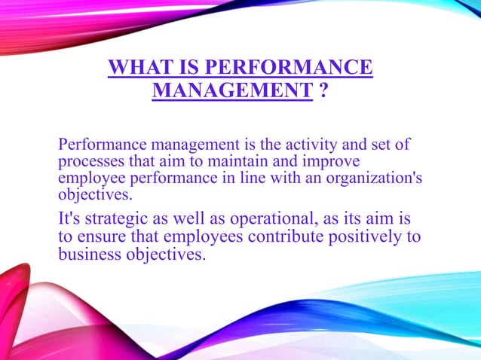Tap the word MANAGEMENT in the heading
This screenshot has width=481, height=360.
pos(232,92)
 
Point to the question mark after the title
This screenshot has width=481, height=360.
pos(323,92)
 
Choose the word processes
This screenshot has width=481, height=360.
pos(90,162)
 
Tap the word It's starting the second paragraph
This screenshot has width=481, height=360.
pos(72,220)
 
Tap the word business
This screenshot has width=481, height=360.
pos(91,255)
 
